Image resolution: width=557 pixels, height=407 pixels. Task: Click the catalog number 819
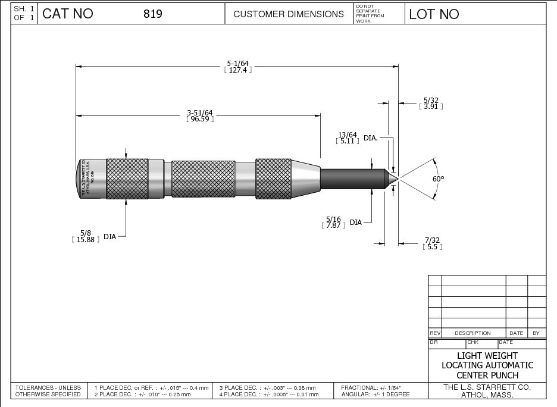coord(153,14)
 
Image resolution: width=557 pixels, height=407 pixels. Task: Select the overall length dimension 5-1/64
coord(237,62)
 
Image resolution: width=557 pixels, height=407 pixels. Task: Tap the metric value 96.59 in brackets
coord(200,119)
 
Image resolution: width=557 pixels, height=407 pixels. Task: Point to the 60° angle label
coord(439,179)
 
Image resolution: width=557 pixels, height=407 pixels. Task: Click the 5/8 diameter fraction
coord(86,233)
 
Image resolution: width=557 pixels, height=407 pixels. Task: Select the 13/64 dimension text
coord(348,134)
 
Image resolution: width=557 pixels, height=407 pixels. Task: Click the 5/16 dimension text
coord(333,219)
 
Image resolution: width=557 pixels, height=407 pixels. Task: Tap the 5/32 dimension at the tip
coord(431,100)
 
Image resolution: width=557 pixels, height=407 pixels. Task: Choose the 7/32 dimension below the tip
coord(432,240)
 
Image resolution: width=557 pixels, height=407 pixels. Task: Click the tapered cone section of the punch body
coord(305,177)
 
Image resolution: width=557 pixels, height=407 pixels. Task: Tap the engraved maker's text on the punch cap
coord(89,179)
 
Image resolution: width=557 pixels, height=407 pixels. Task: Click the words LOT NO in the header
coord(434,14)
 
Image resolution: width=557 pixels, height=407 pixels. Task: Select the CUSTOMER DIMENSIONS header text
coord(289,14)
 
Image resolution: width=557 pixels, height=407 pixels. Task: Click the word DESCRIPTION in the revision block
coord(472,333)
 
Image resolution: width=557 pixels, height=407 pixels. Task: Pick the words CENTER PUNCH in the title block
coord(487,375)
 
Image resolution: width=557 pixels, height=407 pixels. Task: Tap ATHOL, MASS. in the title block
coord(487,394)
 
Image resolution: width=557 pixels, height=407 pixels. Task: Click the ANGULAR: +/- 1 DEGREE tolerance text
coord(375,395)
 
